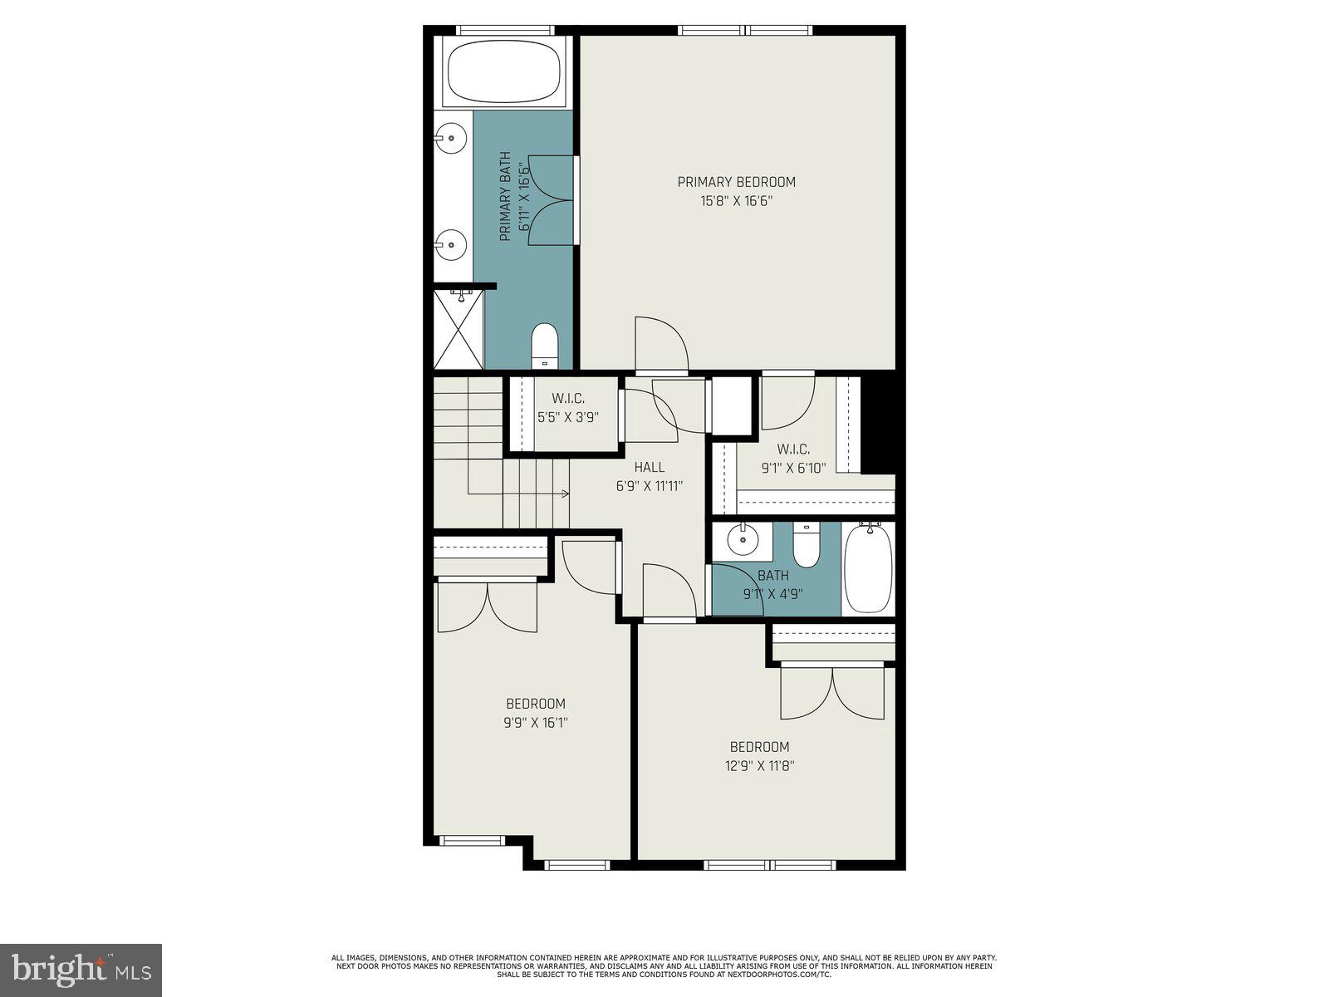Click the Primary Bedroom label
736,182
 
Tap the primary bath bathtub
506,72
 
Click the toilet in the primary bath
545,344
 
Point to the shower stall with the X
459,329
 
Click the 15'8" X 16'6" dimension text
736,201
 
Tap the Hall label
649,468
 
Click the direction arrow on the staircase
564,494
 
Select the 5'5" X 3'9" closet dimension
567,418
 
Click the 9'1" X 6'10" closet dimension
793,469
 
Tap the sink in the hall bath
743,541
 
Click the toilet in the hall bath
806,544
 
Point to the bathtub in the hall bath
868,569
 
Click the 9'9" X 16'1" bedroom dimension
535,723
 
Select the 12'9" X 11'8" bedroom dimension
759,766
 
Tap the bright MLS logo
81,970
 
